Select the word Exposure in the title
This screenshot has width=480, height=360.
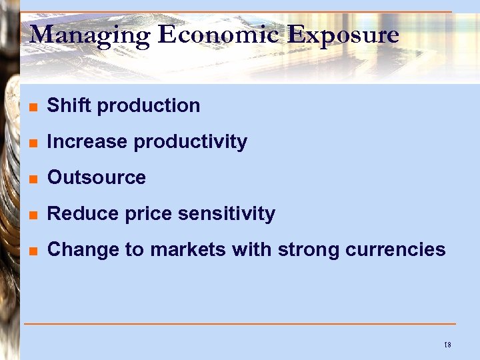[343, 35]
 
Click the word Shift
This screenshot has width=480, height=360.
[69, 105]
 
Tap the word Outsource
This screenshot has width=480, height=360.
[97, 177]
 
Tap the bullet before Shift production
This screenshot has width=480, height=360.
[33, 107]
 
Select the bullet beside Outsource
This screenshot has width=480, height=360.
[33, 179]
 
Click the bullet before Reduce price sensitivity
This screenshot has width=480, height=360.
[33, 215]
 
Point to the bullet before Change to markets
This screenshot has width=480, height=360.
[33, 251]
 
